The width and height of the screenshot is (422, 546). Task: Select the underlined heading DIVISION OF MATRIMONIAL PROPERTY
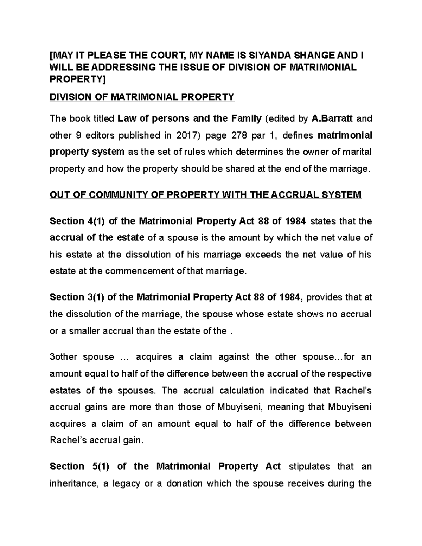(x=142, y=97)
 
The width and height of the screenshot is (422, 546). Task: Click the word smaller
(x=82, y=331)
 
